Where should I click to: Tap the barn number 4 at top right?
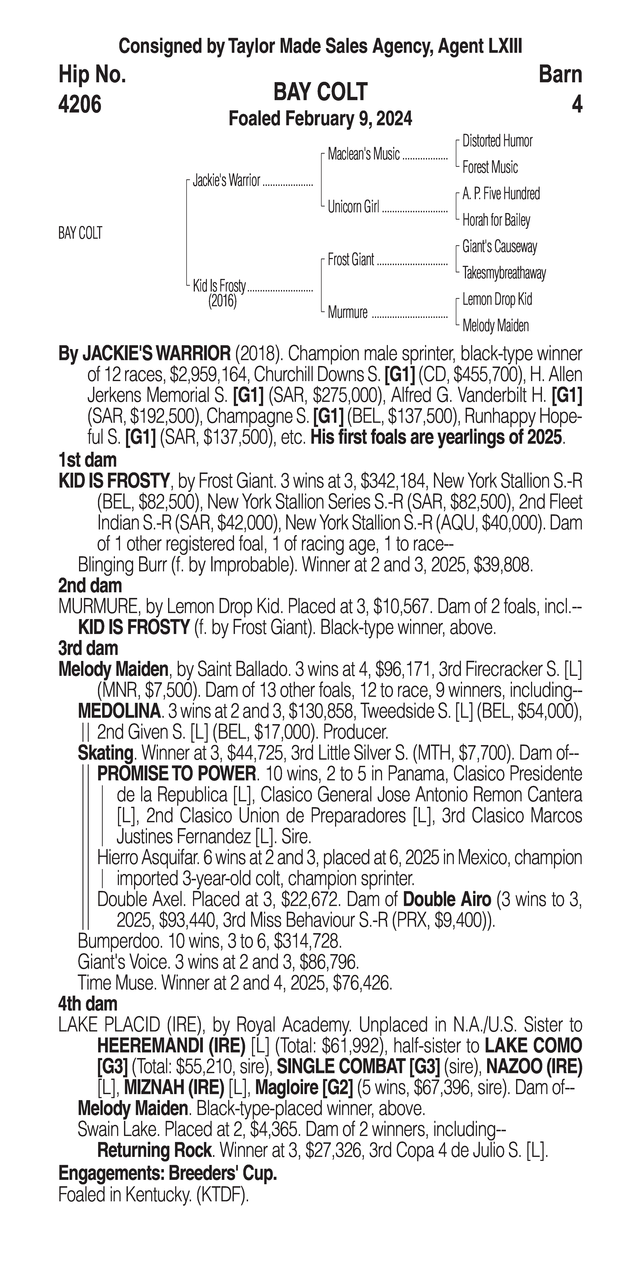[x=576, y=104]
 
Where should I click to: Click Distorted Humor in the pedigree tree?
[x=497, y=141]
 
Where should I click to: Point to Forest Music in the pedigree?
[x=490, y=168]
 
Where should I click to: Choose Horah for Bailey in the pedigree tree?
[x=496, y=220]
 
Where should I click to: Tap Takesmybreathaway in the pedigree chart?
[x=504, y=273]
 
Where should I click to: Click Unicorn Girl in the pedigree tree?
[x=353, y=207]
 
